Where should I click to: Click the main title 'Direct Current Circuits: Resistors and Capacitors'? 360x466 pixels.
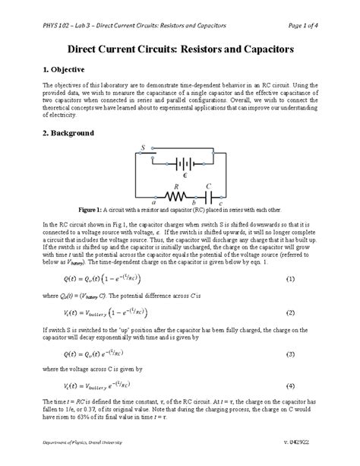(x=180, y=48)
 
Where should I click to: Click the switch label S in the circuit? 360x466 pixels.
(x=143, y=147)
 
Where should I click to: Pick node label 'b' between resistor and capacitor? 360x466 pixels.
(x=194, y=203)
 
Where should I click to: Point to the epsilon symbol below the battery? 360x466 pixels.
(x=186, y=174)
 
